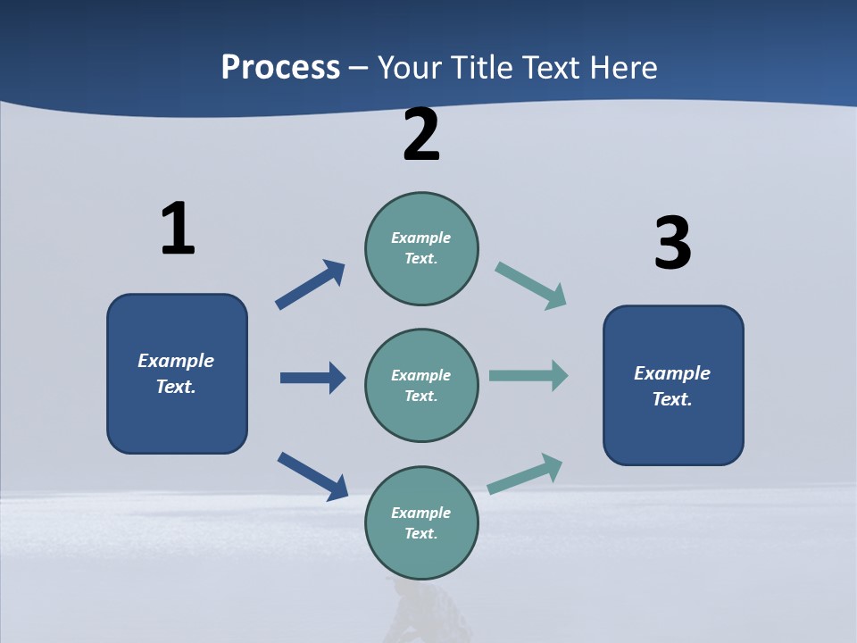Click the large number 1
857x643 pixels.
[x=178, y=229]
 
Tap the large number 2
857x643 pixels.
[x=421, y=135]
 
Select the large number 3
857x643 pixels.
[x=672, y=243]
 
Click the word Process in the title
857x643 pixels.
[x=280, y=67]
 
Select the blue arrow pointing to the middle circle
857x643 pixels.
[x=312, y=378]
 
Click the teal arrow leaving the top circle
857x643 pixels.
[x=531, y=286]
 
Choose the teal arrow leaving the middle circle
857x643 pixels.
[x=528, y=375]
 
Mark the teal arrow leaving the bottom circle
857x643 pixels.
[x=526, y=473]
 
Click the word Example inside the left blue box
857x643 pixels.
[x=176, y=361]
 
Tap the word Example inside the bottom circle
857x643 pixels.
[x=420, y=513]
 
